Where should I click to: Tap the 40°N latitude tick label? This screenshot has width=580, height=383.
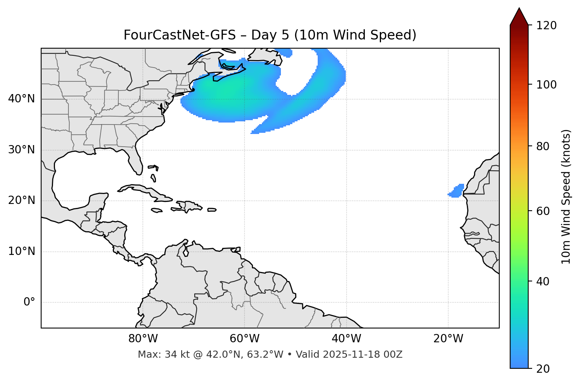point(21,99)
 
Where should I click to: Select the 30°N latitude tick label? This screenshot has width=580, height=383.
point(21,150)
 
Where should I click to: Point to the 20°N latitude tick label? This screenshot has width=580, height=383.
point(21,200)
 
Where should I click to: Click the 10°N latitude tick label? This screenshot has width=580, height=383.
point(21,251)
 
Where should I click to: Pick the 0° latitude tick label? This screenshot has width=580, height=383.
point(29,302)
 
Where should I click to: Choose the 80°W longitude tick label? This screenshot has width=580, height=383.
point(143,339)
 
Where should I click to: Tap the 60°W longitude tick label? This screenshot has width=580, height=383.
point(245,339)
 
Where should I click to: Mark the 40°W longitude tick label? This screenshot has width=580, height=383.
point(346,339)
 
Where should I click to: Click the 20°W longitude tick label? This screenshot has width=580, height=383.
point(448,339)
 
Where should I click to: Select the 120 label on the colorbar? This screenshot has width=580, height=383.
point(546,25)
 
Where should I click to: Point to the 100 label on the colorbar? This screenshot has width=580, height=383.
point(546,85)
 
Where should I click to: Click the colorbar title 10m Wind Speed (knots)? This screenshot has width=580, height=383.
point(566,196)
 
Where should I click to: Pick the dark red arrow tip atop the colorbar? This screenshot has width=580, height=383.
point(519,16)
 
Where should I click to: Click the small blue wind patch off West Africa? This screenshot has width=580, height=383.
point(456,191)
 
